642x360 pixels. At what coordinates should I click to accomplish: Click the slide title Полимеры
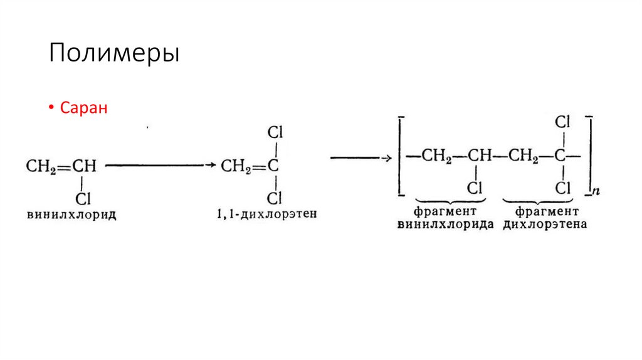pos(115,54)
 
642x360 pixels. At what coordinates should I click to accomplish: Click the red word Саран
pos(84,108)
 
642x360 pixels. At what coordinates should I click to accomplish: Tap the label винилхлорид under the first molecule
pos(72,214)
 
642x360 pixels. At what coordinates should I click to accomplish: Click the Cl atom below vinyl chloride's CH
pos(83,199)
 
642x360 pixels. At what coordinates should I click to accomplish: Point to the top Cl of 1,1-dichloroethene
pos(275,133)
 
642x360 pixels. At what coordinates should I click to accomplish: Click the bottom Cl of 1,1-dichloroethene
pos(275,199)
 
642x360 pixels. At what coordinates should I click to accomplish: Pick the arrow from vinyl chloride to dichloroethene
pos(160,166)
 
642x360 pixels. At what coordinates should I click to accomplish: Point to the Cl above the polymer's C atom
pos(563,122)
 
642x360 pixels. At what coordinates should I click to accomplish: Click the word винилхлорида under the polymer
pos(446,224)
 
